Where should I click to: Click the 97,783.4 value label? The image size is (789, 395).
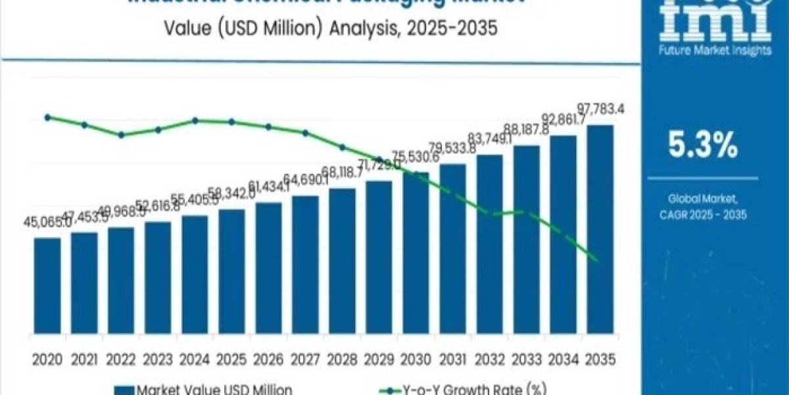tap(600, 108)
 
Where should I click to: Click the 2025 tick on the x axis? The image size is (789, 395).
tap(231, 359)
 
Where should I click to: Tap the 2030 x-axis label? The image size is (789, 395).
tap(416, 359)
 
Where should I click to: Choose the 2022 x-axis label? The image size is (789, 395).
tap(121, 359)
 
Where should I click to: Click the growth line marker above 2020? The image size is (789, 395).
tap(47, 117)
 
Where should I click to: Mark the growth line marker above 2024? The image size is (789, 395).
tap(195, 120)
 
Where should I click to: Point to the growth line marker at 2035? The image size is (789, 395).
tap(597, 260)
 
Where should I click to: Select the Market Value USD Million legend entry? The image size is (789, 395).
tap(204, 389)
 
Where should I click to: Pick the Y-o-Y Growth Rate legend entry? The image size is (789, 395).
tap(487, 389)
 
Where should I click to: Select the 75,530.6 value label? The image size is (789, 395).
tap(416, 157)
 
